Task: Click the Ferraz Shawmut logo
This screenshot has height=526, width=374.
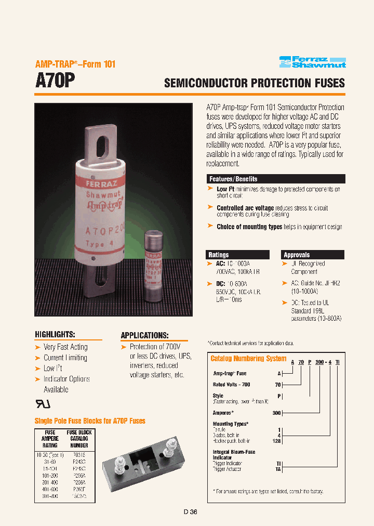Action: (x=312, y=62)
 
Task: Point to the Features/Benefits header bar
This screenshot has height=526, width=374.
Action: (x=275, y=179)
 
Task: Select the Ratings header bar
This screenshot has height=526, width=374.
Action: (x=238, y=255)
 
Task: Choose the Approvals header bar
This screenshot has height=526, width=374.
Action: (x=312, y=255)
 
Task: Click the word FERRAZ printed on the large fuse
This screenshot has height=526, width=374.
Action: (x=91, y=184)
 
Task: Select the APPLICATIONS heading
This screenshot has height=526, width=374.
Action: (x=144, y=335)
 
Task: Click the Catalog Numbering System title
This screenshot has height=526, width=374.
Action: (x=248, y=359)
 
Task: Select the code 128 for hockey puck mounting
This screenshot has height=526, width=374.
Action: (x=276, y=441)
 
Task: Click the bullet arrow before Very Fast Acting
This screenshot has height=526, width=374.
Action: (x=37, y=347)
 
